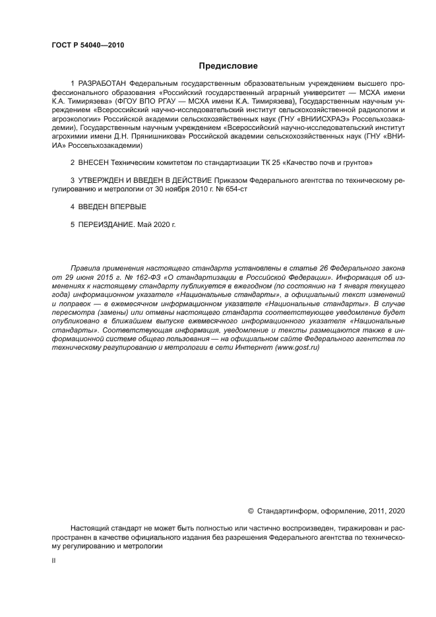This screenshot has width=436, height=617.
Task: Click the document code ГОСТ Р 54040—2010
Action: click(87, 46)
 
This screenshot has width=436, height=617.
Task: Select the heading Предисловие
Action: click(228, 66)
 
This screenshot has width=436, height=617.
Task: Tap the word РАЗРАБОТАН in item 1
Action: click(102, 85)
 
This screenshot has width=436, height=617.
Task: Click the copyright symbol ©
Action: click(251, 511)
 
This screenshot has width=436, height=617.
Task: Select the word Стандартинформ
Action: click(288, 511)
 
